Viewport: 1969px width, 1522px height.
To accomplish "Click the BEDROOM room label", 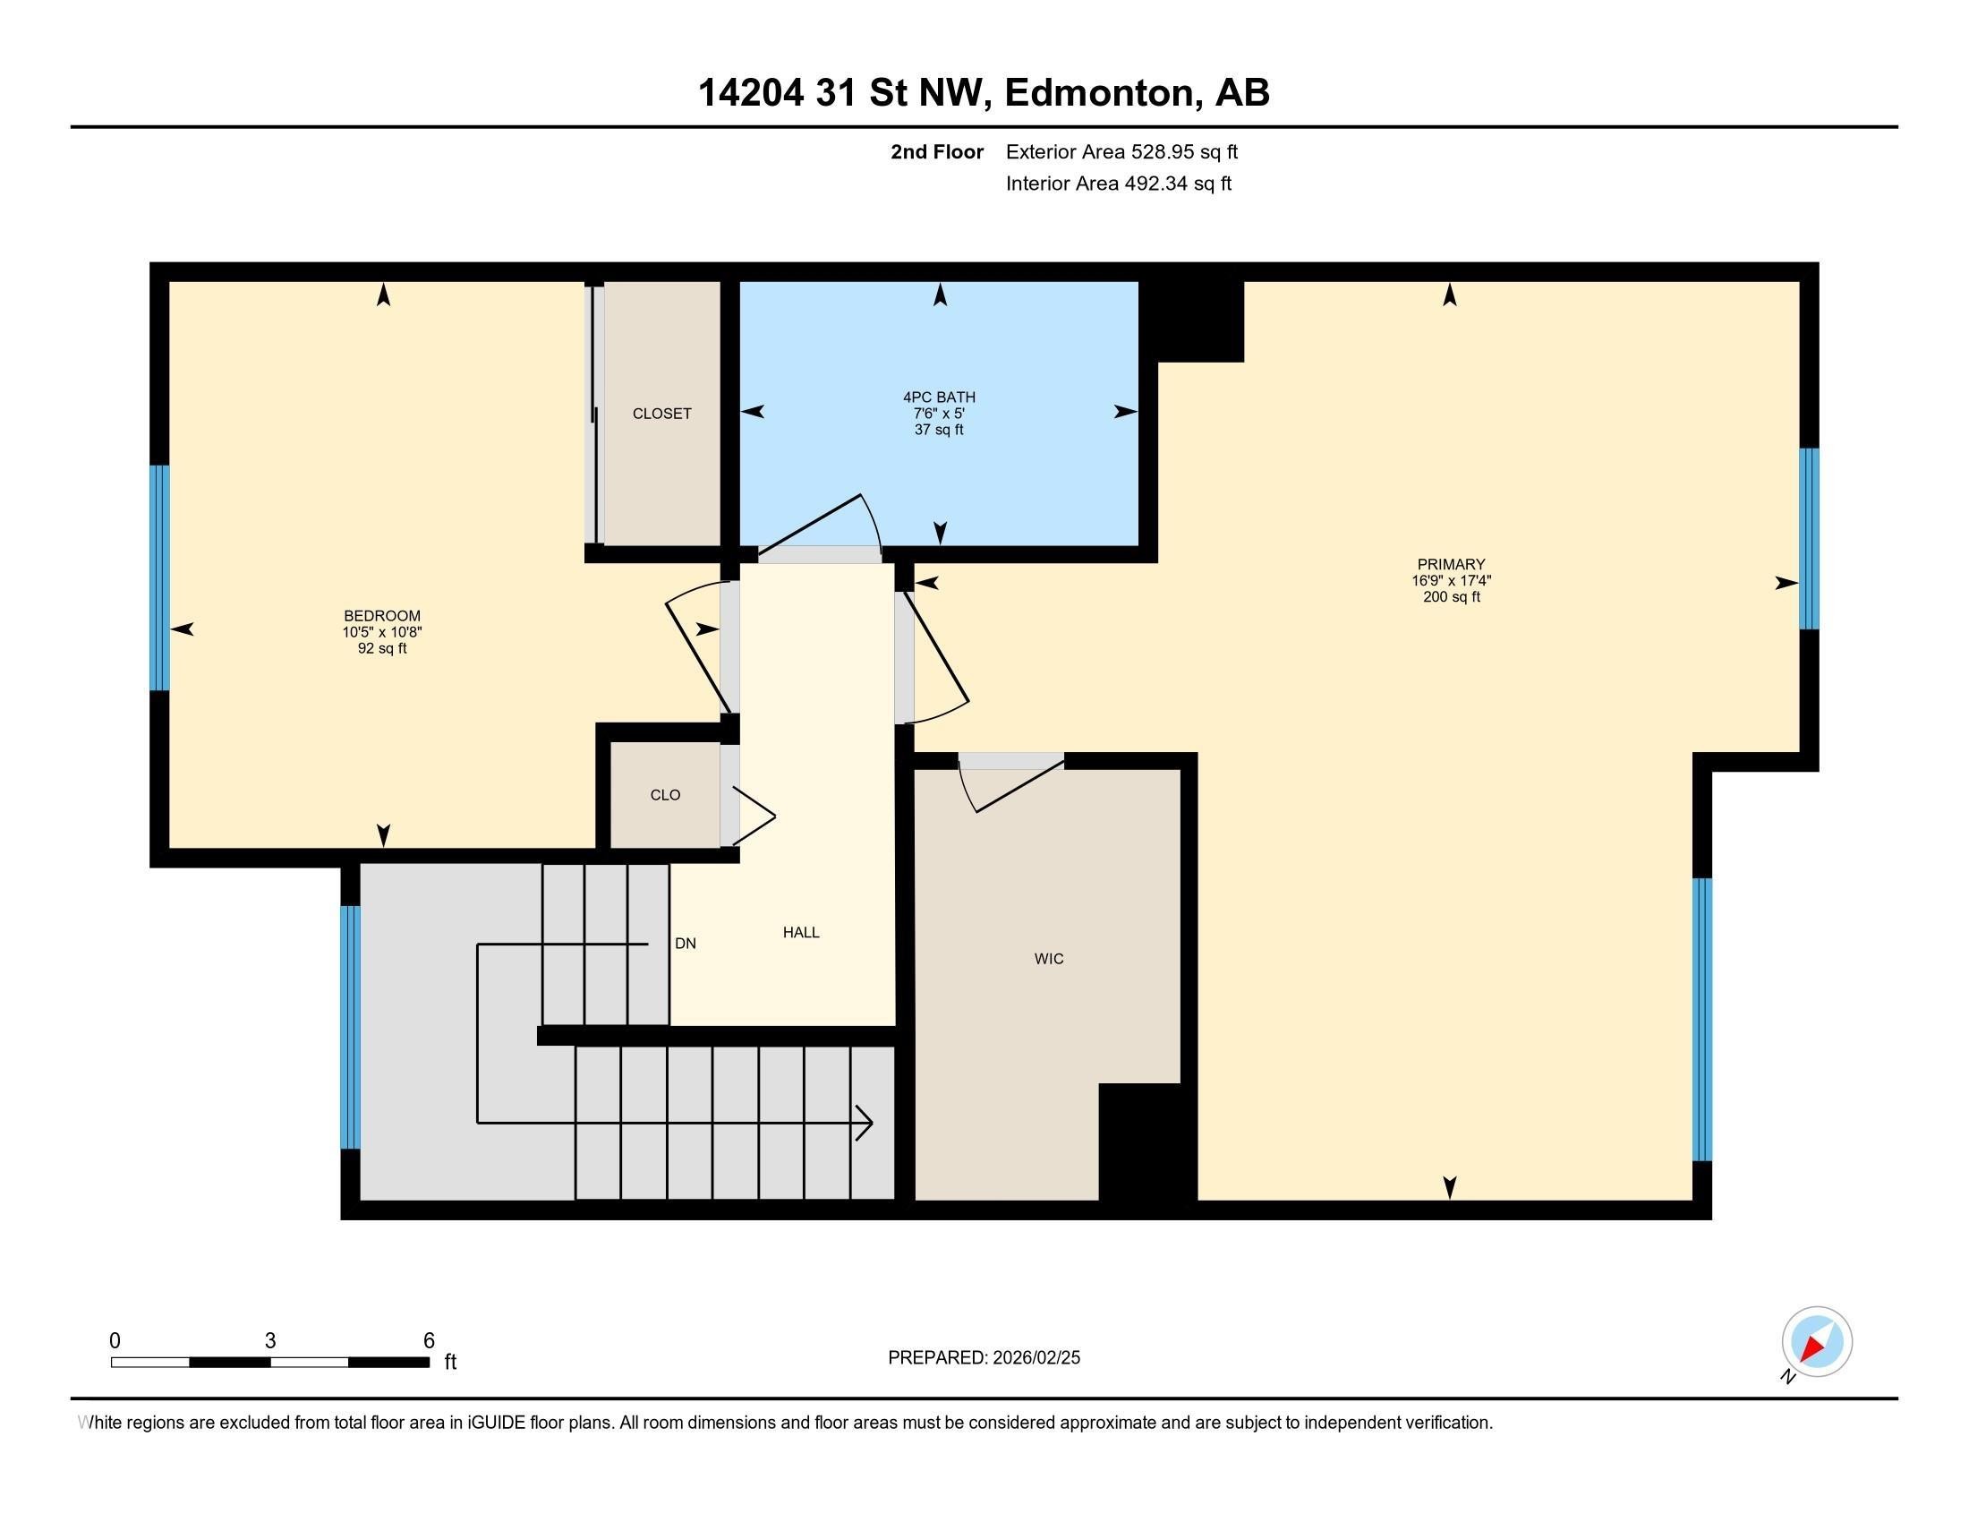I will (x=382, y=617).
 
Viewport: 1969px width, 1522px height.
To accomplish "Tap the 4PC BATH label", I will (x=939, y=398).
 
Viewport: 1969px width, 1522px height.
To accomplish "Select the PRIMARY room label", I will (x=1451, y=565).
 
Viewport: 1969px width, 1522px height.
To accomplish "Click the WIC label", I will (x=1049, y=960).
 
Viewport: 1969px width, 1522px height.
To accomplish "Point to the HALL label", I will (x=801, y=933).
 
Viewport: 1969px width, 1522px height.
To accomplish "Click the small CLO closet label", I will (x=664, y=795).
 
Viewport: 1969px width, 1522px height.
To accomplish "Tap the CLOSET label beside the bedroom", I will (x=661, y=414).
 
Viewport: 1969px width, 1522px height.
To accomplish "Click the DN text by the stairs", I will (x=686, y=944).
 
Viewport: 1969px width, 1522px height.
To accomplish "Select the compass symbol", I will (x=1816, y=1342).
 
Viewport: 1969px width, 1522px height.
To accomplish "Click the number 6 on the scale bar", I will (x=428, y=1341).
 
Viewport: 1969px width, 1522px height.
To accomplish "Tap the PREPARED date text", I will (x=984, y=1358).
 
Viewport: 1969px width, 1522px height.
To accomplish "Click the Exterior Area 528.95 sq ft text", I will (x=1121, y=152).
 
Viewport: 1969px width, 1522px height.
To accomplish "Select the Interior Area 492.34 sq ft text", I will (x=1118, y=184).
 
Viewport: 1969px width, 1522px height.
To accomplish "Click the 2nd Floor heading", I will (x=937, y=152).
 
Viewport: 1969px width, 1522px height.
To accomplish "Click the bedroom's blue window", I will (x=159, y=577).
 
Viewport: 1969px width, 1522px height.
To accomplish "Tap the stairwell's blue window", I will (x=350, y=1027).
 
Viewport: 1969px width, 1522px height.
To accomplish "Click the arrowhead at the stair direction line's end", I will (x=865, y=1124).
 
